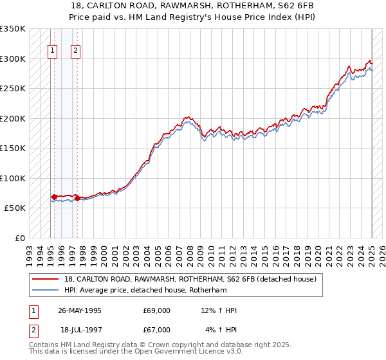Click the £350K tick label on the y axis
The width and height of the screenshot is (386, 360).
[x=13, y=29]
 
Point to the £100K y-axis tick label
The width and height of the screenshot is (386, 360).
[x=13, y=178]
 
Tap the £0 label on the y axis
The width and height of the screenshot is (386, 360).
[x=19, y=238]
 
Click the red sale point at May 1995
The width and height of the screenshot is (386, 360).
[x=55, y=197]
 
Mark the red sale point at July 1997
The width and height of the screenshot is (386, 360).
[x=77, y=198]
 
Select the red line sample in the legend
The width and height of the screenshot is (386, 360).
[x=46, y=280]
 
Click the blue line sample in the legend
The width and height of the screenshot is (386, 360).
[x=46, y=291]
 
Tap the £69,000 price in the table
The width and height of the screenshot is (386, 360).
[x=157, y=310]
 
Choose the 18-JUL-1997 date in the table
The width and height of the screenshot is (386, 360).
[x=81, y=330]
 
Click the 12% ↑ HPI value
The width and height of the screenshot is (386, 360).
[x=219, y=310]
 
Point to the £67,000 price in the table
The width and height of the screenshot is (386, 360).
[x=157, y=330]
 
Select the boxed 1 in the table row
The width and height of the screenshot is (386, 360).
[x=32, y=310]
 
